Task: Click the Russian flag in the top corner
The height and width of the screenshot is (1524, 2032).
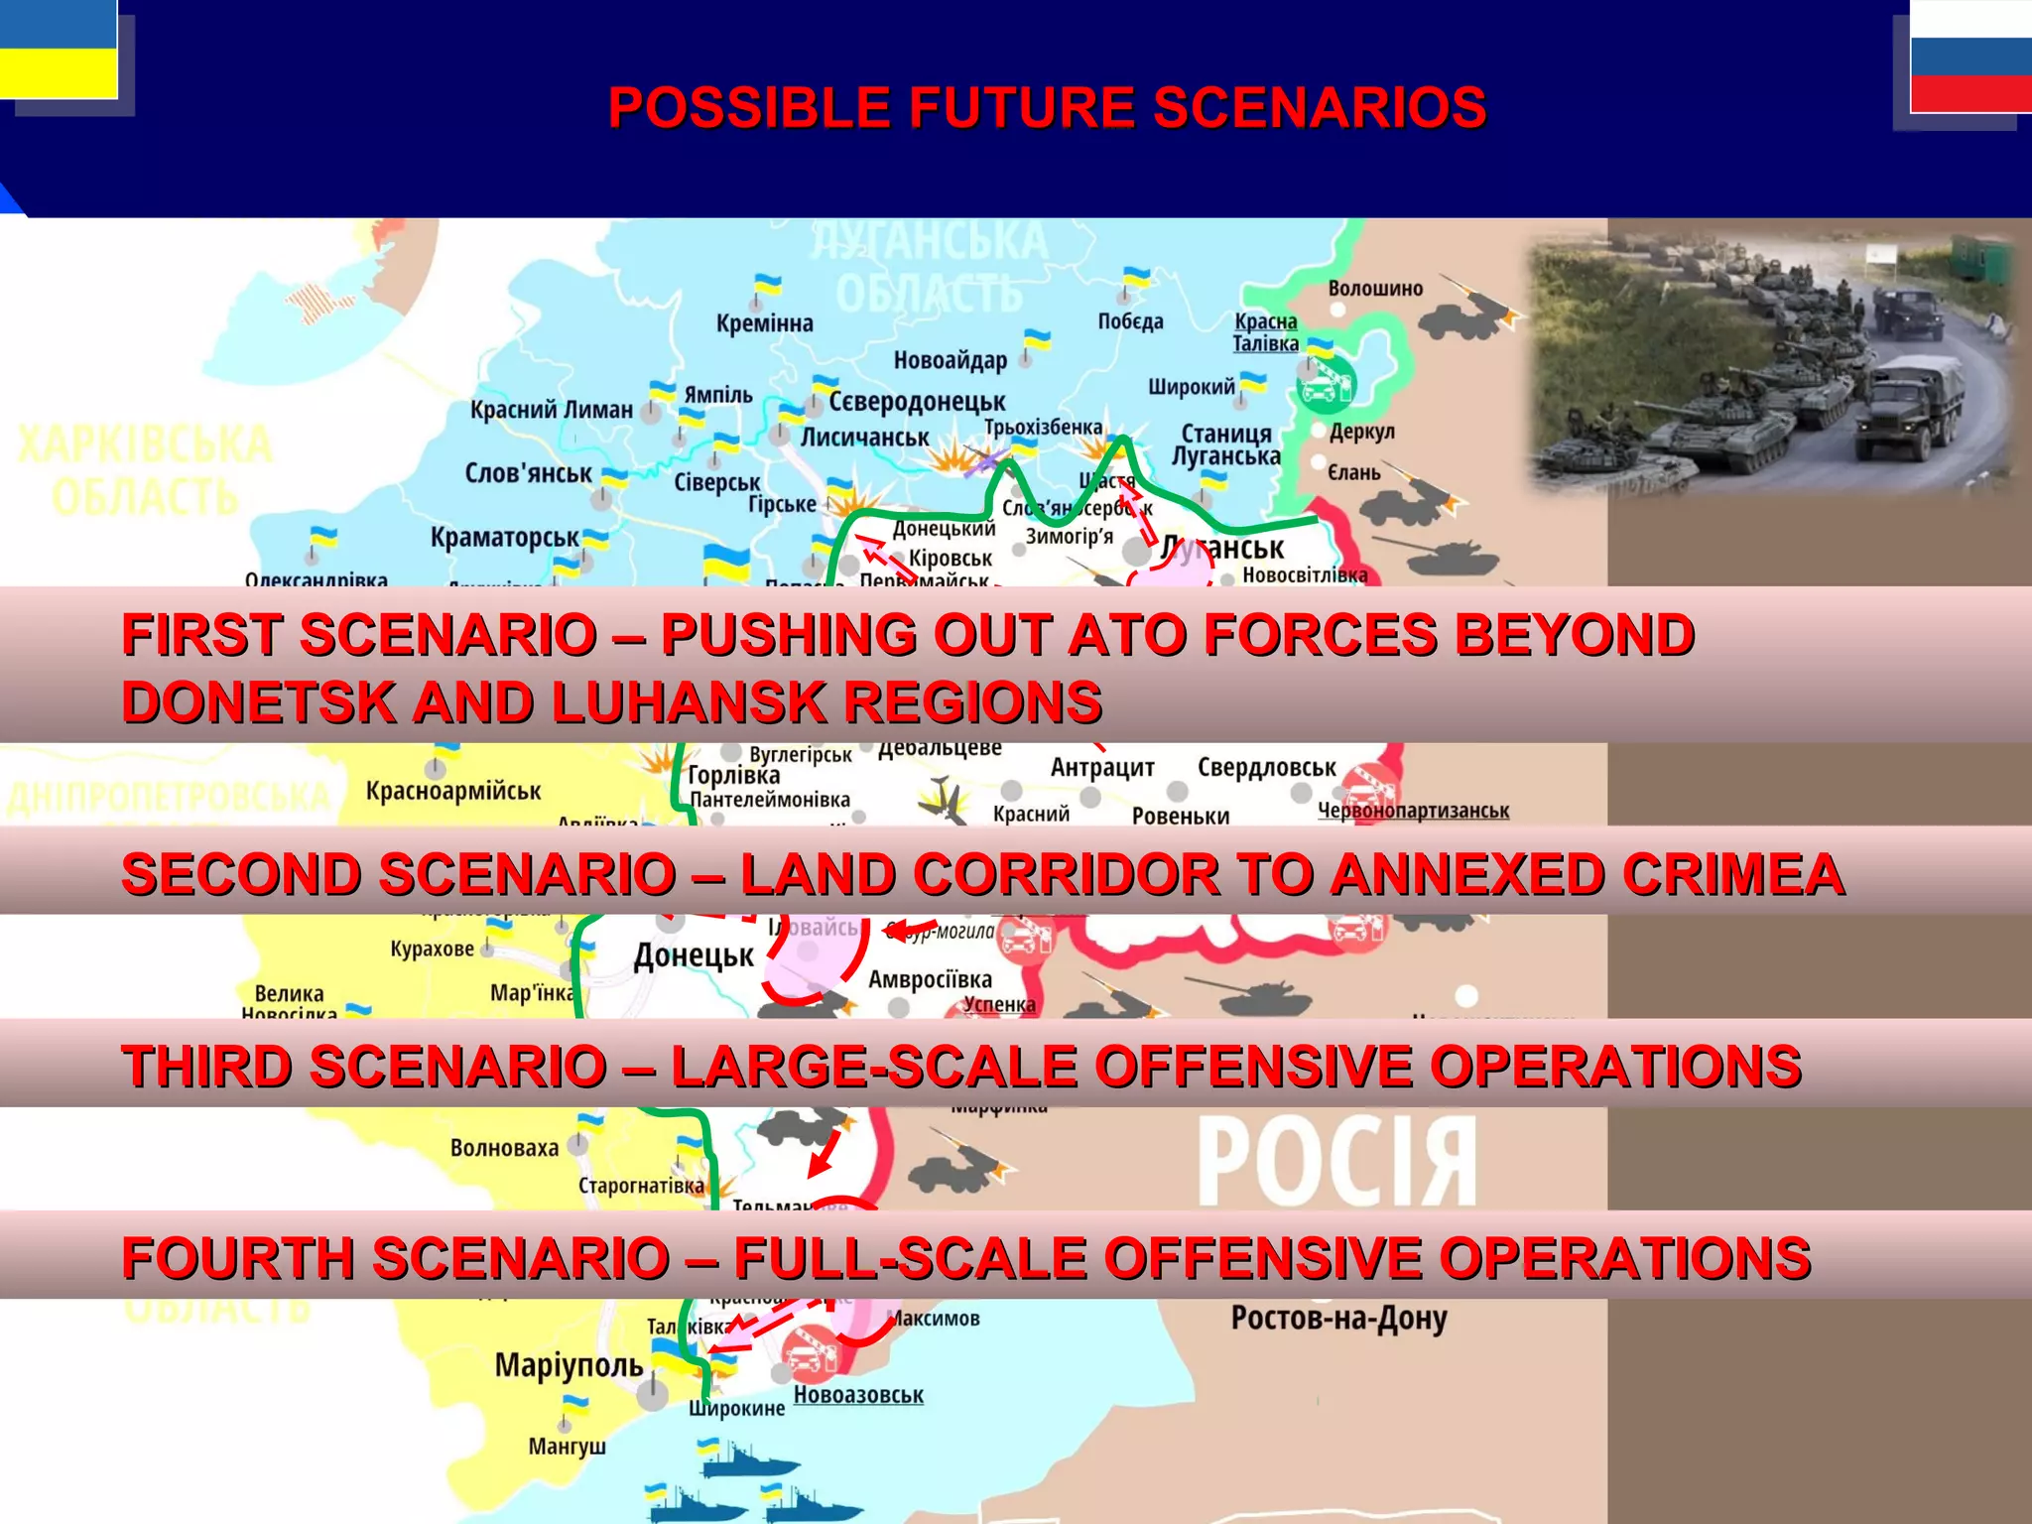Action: [x=1970, y=56]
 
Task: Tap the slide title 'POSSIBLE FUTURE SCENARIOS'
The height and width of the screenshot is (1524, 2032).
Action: [x=1047, y=107]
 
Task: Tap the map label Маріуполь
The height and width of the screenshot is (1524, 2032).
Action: [x=569, y=1365]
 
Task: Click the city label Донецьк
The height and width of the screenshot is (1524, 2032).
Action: [x=694, y=955]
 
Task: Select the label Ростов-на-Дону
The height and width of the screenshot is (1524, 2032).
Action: [x=1338, y=1319]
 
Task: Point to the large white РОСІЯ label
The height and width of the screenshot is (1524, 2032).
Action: [x=1336, y=1160]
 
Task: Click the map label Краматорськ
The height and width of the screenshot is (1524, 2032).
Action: [x=504, y=538]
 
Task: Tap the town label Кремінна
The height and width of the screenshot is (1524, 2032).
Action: [x=764, y=323]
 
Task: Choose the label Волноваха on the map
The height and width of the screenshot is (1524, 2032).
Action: [x=504, y=1148]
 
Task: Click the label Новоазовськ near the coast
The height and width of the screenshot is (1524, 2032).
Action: [x=858, y=1395]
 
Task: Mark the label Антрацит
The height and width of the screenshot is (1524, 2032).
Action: [x=1102, y=767]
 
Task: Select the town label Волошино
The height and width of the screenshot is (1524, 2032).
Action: [x=1375, y=289]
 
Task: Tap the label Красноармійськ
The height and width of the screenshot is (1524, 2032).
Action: [x=453, y=791]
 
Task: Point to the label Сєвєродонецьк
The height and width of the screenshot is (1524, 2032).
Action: [x=917, y=402]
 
